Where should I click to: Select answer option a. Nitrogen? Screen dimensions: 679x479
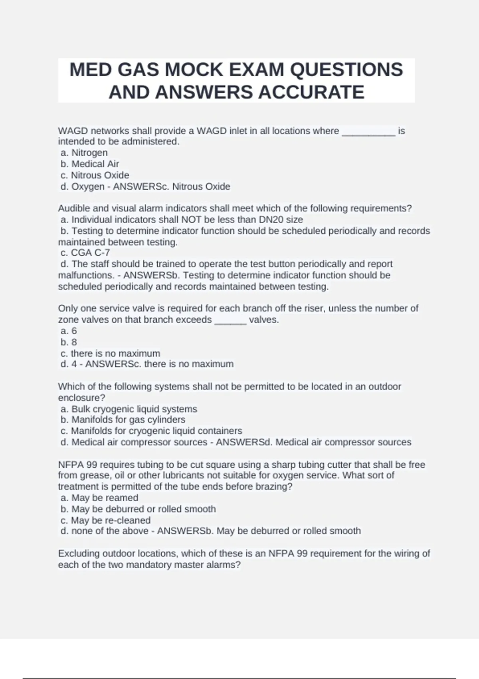[84, 153]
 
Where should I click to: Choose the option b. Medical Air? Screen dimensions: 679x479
[90, 164]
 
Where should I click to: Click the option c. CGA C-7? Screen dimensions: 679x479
[85, 253]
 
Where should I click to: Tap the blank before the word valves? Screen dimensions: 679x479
[230, 320]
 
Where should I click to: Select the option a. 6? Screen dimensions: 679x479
[69, 331]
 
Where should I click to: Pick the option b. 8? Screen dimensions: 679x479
[69, 342]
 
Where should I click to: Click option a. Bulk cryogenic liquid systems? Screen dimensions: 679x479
[129, 409]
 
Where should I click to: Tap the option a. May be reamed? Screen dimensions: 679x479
[99, 498]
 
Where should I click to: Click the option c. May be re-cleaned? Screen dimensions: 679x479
[105, 520]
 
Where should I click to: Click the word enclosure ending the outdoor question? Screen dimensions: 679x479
[80, 398]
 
